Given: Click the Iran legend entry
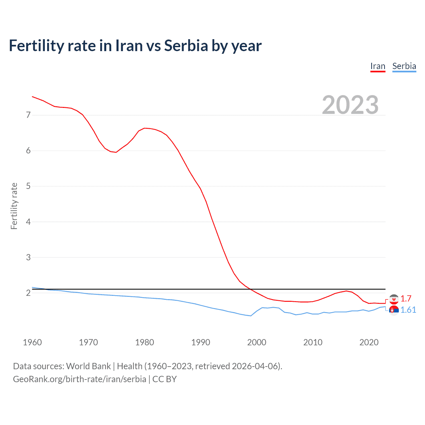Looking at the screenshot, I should pos(378,66).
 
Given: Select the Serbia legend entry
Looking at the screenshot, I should pos(404,66).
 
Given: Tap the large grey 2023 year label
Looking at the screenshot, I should pos(350,105).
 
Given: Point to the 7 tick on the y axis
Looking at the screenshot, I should pos(28,115).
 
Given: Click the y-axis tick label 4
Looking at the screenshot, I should pos(28,222).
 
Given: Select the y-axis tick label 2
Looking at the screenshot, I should pos(28,293).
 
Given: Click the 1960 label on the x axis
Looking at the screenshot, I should pos(32,342).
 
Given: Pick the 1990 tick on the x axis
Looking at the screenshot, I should pos(201,342).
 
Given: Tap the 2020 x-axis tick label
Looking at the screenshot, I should pos(369,342).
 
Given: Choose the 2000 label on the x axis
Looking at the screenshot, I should pos(257,342).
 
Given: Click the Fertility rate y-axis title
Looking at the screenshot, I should pos(14,206).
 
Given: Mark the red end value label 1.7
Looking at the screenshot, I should pos(406,298).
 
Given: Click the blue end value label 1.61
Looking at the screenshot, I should pos(408,310).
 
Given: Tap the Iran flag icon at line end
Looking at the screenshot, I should pos(394,299).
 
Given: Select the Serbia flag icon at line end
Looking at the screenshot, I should pos(394,310).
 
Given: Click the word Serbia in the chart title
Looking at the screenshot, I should pos(186,46).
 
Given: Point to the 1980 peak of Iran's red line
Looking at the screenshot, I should pos(145,128).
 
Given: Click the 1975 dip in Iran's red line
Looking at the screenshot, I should pos(116,152).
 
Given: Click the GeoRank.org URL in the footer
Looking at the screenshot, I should pos(79,379).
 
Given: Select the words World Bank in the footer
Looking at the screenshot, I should pos(88,366).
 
